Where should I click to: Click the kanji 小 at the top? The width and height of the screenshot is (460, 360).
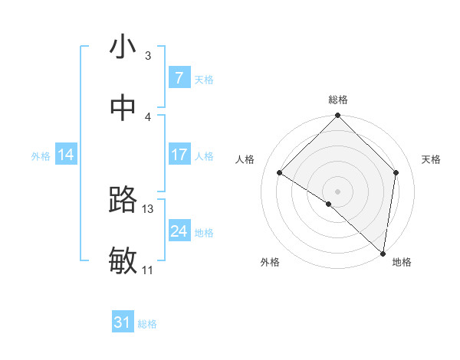123,47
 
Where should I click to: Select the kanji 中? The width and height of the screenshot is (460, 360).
123,108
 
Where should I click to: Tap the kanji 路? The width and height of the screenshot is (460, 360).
123,200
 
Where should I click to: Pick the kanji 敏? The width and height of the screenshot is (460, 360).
123,260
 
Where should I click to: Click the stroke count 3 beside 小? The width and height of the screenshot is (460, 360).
148,56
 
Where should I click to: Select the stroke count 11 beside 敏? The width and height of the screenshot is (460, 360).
147,270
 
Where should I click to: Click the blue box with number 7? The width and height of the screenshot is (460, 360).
179,78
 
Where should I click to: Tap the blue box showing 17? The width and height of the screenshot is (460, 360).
179,155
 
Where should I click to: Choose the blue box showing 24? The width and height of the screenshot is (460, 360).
179,231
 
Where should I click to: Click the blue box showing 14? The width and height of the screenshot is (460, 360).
66,155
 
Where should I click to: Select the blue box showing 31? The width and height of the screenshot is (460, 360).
123,323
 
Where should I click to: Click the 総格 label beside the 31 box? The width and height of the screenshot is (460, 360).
147,324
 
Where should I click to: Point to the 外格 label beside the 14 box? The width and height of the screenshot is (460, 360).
41,155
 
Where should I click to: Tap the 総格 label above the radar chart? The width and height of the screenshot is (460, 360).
338,100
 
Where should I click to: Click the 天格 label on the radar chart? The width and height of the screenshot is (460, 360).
431,159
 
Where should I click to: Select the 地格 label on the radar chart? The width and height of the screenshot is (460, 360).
402,262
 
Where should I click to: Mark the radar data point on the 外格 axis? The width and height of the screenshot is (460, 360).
329,204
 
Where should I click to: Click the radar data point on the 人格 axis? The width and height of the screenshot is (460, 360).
280,173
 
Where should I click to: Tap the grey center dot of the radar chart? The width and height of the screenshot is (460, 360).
338,191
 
